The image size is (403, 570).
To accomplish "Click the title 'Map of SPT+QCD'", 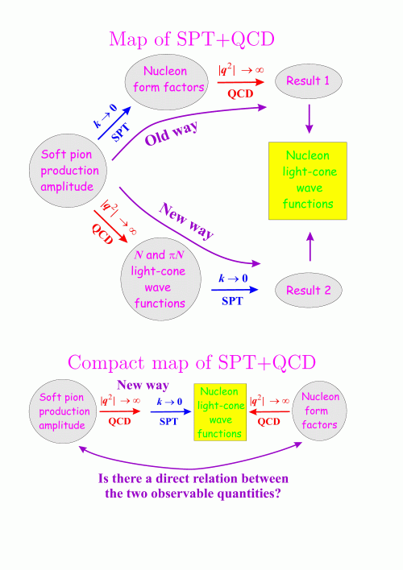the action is click(x=192, y=39).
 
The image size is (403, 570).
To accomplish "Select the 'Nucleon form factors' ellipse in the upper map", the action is click(x=166, y=82).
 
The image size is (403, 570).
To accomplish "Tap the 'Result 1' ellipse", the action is click(x=309, y=81).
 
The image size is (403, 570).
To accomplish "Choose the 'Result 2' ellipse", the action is click(x=309, y=290).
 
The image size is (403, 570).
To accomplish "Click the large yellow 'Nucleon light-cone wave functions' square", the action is click(x=308, y=180).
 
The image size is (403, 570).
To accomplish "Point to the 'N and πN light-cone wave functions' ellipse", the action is click(x=160, y=279).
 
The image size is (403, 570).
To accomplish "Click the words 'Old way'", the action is click(x=171, y=133).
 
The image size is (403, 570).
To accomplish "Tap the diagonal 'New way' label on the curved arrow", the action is click(x=186, y=221).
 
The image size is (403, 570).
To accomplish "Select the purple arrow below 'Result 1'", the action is click(x=309, y=119).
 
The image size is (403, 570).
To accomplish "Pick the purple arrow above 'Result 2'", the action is click(x=310, y=246).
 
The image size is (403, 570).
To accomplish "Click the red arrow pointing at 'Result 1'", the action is click(x=241, y=82).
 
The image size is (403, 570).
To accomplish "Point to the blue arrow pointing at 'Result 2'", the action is click(x=235, y=290).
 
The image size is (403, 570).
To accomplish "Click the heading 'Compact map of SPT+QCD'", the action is click(x=192, y=362).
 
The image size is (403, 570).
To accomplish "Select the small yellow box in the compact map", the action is click(x=220, y=412).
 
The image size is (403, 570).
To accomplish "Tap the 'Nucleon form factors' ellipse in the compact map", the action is click(x=319, y=411).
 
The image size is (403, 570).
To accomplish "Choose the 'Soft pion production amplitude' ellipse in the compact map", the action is click(x=63, y=411).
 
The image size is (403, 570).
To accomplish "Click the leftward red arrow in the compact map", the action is click(x=269, y=412).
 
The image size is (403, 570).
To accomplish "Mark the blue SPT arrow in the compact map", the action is click(x=171, y=412).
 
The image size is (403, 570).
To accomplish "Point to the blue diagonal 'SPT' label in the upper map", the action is click(x=121, y=132).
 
